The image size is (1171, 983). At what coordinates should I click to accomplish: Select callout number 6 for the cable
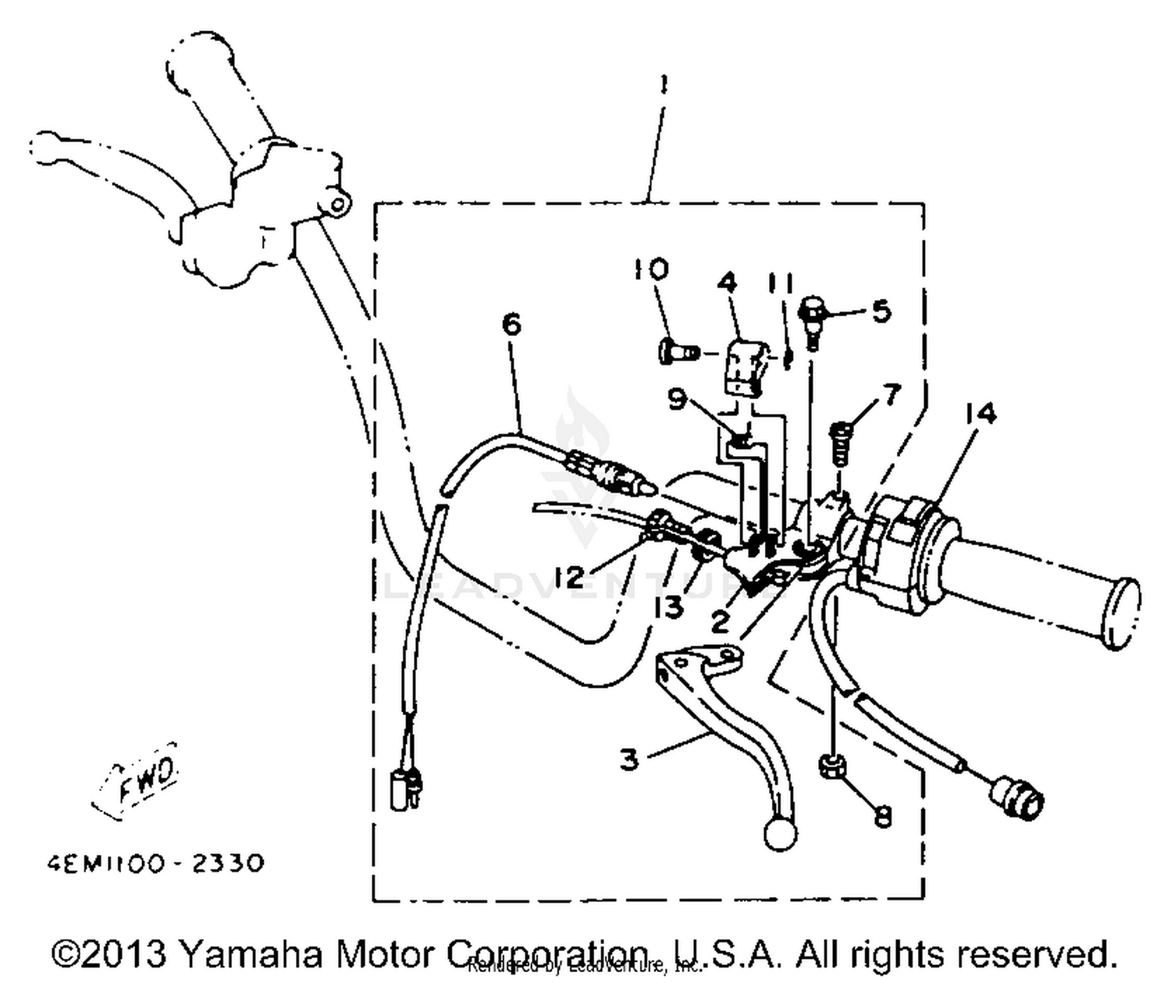point(511,324)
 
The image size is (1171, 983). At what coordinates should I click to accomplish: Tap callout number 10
point(650,269)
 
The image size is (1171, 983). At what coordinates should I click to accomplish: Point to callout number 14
point(981,413)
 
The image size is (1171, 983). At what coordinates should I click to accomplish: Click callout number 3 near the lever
point(630,759)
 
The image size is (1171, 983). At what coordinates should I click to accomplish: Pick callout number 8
point(882,817)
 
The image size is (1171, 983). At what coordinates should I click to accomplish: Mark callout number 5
point(881,311)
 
